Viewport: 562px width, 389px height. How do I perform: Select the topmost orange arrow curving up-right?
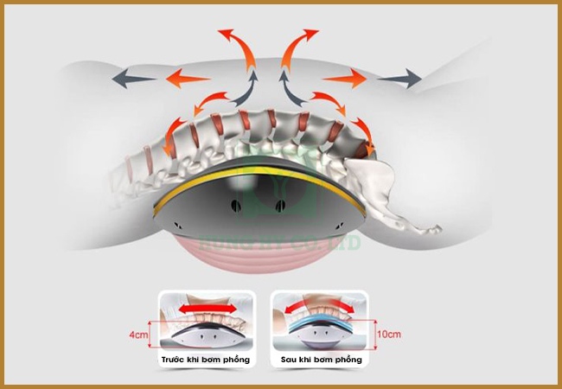point(299,43)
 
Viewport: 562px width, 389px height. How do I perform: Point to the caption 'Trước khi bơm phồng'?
point(205,358)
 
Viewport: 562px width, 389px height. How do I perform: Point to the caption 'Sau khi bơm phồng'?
point(321,358)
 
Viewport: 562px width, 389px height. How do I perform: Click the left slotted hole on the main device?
point(235,207)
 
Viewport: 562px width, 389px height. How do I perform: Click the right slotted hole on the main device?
point(280,207)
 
